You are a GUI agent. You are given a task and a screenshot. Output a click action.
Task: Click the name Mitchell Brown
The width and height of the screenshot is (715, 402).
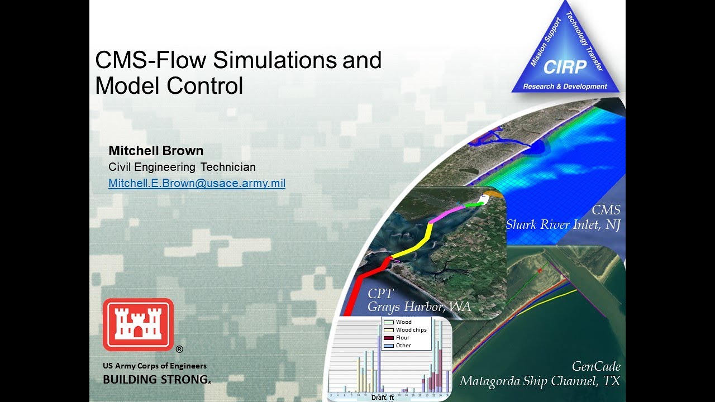point(156,151)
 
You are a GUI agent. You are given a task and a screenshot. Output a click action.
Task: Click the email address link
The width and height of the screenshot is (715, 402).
point(197,183)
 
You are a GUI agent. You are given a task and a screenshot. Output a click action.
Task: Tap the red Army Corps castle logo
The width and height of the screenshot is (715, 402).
point(138,324)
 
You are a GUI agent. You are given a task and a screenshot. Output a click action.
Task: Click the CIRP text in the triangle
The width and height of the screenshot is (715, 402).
point(565,68)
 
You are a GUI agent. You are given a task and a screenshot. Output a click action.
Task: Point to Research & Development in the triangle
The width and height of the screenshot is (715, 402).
point(565,87)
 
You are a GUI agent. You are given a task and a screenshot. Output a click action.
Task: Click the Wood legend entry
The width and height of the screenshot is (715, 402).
point(403,322)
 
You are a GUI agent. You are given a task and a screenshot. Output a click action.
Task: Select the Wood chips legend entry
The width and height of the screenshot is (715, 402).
point(411,330)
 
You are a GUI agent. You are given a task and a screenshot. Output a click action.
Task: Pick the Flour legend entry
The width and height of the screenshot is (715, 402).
point(402,338)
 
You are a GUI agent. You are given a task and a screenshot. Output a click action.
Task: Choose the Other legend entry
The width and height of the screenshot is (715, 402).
point(403,346)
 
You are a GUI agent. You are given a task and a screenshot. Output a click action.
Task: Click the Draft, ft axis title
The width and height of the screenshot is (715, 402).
point(383,398)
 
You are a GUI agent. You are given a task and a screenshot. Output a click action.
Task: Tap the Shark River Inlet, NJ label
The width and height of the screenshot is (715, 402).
point(563,224)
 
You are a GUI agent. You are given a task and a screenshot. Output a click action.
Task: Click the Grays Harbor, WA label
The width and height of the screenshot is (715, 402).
point(419,307)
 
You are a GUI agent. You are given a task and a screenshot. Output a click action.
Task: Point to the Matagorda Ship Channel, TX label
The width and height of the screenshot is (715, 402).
point(540,381)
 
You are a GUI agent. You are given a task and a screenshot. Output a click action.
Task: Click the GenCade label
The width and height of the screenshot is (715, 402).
point(597,366)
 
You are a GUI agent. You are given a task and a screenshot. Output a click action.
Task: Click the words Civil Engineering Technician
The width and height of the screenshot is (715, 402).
point(182,167)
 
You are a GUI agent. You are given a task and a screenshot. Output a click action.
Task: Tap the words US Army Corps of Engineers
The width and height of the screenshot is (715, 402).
point(155,366)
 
